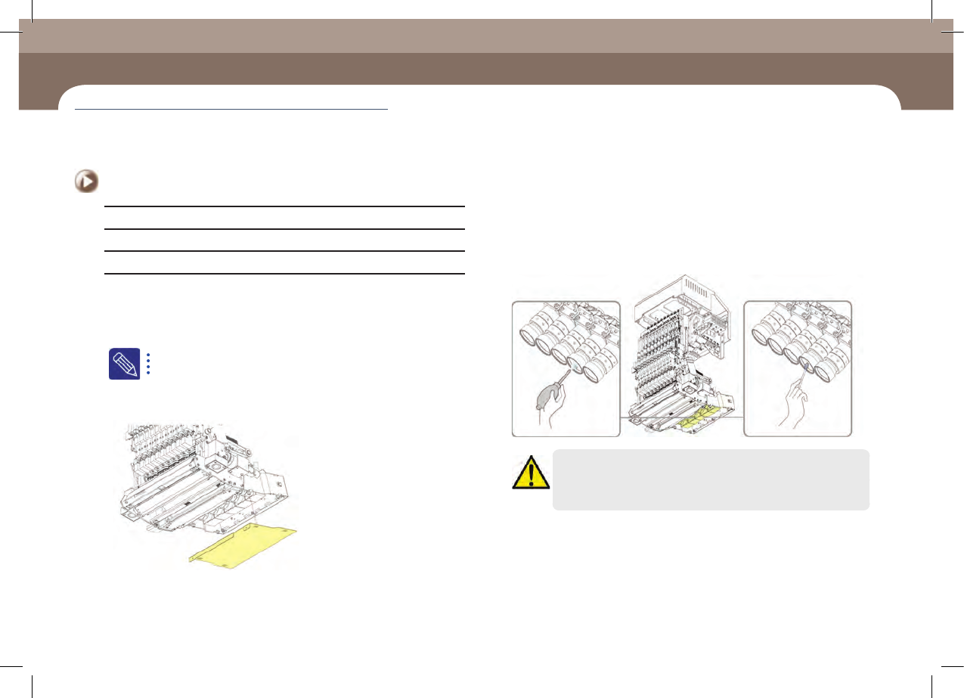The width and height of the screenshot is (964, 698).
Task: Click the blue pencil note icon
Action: coord(124,364)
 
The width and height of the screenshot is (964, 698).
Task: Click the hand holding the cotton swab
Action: coord(795,405)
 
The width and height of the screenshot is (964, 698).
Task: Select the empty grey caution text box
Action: coord(711,480)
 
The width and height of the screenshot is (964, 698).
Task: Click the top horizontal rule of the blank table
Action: coord(284,206)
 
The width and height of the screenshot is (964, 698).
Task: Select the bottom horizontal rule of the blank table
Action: coord(284,273)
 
